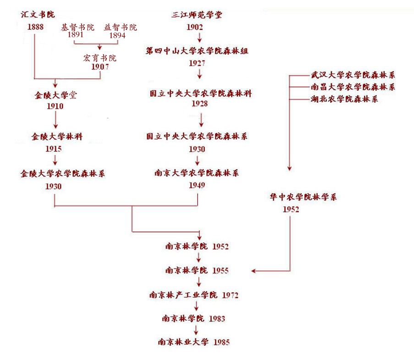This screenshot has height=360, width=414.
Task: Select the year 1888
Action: click(35, 27)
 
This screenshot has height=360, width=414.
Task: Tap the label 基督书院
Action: click(77, 28)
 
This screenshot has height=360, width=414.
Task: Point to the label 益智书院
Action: click(121, 28)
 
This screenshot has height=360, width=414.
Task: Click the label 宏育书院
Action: click(99, 58)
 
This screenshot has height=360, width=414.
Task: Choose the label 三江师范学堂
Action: click(197, 15)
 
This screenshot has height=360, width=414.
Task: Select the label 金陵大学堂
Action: click(55, 96)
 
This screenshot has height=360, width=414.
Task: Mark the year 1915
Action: click(54, 149)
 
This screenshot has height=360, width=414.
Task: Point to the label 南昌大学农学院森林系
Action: click(353, 87)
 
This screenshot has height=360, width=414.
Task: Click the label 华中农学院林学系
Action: click(303, 197)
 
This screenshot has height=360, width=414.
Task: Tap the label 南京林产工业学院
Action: click(183, 295)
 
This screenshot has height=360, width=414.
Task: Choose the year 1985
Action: click(221, 342)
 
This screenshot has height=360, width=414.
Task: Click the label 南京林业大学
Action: click(183, 342)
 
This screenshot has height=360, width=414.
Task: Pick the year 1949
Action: click(197, 185)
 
